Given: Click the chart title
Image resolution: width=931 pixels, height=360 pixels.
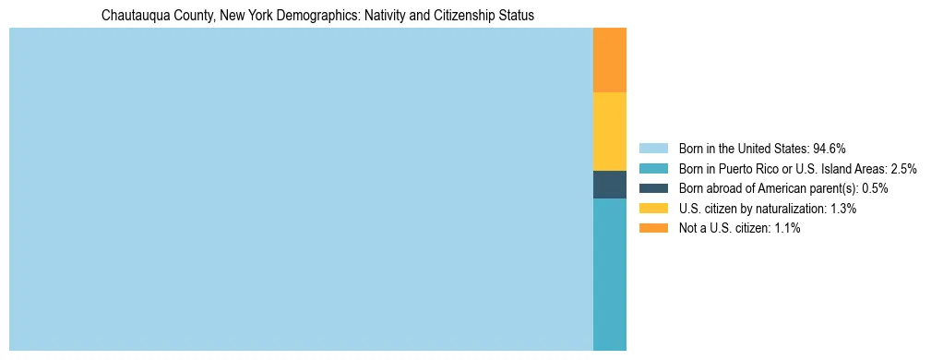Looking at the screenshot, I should [x=317, y=16].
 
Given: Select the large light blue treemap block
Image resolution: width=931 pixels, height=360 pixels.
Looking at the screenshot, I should [x=301, y=189].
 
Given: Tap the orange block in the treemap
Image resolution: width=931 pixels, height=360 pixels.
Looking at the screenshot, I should [x=610, y=60].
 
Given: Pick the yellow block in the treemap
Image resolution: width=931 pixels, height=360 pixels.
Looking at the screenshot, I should [x=610, y=131].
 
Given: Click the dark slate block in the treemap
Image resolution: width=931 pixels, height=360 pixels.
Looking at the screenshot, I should [x=610, y=185].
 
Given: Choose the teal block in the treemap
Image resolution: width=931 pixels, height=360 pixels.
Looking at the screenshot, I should [x=610, y=274].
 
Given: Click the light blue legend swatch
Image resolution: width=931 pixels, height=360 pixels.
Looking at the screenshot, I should [x=652, y=149].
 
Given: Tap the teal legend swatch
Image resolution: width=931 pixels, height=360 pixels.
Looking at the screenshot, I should [x=652, y=169].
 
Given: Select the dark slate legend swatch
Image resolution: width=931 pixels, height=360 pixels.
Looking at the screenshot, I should [x=652, y=188].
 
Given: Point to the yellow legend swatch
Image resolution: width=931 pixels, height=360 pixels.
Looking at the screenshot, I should [x=652, y=209].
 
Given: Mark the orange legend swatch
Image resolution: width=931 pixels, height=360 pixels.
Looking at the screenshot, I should [x=652, y=229].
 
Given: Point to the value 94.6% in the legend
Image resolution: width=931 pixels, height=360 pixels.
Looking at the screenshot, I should [x=830, y=149].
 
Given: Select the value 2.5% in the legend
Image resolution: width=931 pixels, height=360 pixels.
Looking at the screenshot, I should [x=903, y=169].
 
